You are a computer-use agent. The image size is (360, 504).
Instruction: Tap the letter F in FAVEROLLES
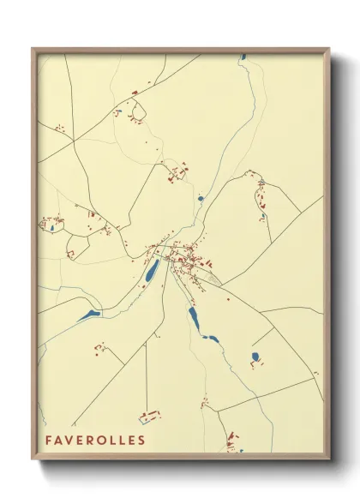coord(50,441)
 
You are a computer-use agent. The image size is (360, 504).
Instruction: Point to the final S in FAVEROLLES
coord(141,441)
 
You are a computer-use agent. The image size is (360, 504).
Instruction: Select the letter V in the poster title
coord(71,441)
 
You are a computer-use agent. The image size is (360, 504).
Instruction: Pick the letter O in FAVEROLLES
coord(101,441)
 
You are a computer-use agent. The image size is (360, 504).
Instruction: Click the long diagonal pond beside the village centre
coord(152,273)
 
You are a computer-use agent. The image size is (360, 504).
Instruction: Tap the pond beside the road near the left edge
coord(89,315)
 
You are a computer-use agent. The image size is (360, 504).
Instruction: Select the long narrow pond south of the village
coord(194,320)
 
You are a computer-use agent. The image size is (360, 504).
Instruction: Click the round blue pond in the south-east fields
coord(255,356)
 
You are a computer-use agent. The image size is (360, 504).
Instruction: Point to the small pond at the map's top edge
coord(243,57)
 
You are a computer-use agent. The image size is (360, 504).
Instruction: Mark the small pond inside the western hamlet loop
coord(52,228)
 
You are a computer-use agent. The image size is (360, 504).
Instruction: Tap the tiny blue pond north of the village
coord(200,198)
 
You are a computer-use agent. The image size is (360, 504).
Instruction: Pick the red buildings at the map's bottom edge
coord(232,445)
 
